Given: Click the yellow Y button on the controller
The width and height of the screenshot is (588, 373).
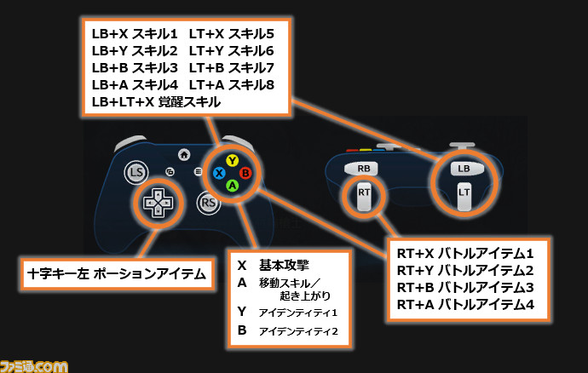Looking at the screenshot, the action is [x=233, y=161].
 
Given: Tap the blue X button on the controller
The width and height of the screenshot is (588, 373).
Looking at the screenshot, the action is [x=219, y=173].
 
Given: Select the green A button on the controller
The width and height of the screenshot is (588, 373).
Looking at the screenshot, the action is [x=233, y=186].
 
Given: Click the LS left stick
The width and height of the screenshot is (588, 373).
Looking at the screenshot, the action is [x=136, y=172].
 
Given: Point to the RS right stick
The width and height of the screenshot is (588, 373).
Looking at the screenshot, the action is [x=209, y=203].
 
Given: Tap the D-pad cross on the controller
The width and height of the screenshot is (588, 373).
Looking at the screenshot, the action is [x=159, y=203].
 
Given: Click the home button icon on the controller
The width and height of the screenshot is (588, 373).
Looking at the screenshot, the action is [x=184, y=154].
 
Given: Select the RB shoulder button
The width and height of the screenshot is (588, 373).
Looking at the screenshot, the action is [x=363, y=169].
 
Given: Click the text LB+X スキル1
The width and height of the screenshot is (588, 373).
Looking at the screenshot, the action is [x=135, y=34].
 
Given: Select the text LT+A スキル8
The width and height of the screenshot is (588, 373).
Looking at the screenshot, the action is [x=232, y=84].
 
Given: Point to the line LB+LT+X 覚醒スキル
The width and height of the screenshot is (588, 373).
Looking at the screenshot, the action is [x=156, y=102].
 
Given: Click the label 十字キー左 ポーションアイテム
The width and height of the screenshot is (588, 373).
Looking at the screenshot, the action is [x=117, y=273].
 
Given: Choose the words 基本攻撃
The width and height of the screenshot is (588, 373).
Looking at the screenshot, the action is [x=284, y=265].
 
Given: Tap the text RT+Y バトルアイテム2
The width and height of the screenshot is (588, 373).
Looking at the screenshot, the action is [x=465, y=270].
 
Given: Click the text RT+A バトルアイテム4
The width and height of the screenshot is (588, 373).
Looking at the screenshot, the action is [x=465, y=304].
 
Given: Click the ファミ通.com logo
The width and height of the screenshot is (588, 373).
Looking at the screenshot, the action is [x=34, y=366].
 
